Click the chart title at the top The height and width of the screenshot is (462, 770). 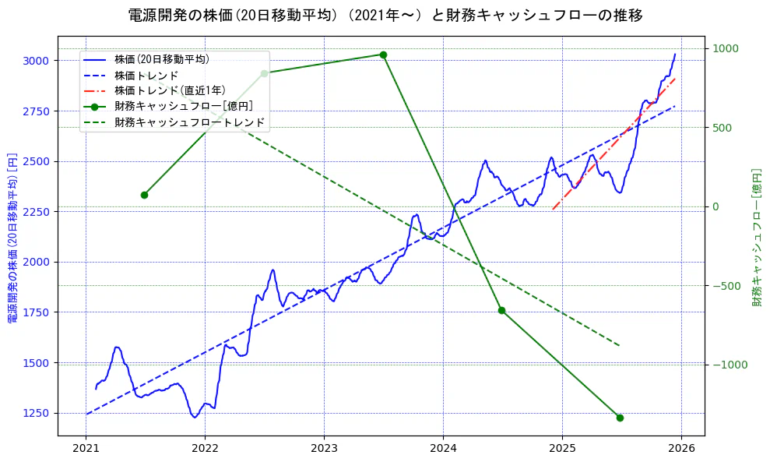(385, 15)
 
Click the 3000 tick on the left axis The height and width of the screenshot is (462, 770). (37, 61)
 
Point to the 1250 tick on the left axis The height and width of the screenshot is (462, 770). (37, 414)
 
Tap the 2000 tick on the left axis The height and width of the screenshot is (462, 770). (37, 263)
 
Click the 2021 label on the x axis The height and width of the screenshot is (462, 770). (86, 448)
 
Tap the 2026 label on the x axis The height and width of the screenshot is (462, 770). (681, 448)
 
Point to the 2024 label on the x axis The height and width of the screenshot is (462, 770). (443, 448)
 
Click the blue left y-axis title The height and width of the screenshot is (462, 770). (12, 237)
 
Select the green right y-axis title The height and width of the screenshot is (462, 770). (756, 237)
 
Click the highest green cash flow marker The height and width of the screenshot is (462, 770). (383, 55)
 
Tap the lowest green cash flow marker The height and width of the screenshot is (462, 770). (620, 418)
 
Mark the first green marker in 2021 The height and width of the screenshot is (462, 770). (144, 195)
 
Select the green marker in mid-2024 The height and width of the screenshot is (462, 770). (501, 310)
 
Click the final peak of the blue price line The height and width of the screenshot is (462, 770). (675, 54)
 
